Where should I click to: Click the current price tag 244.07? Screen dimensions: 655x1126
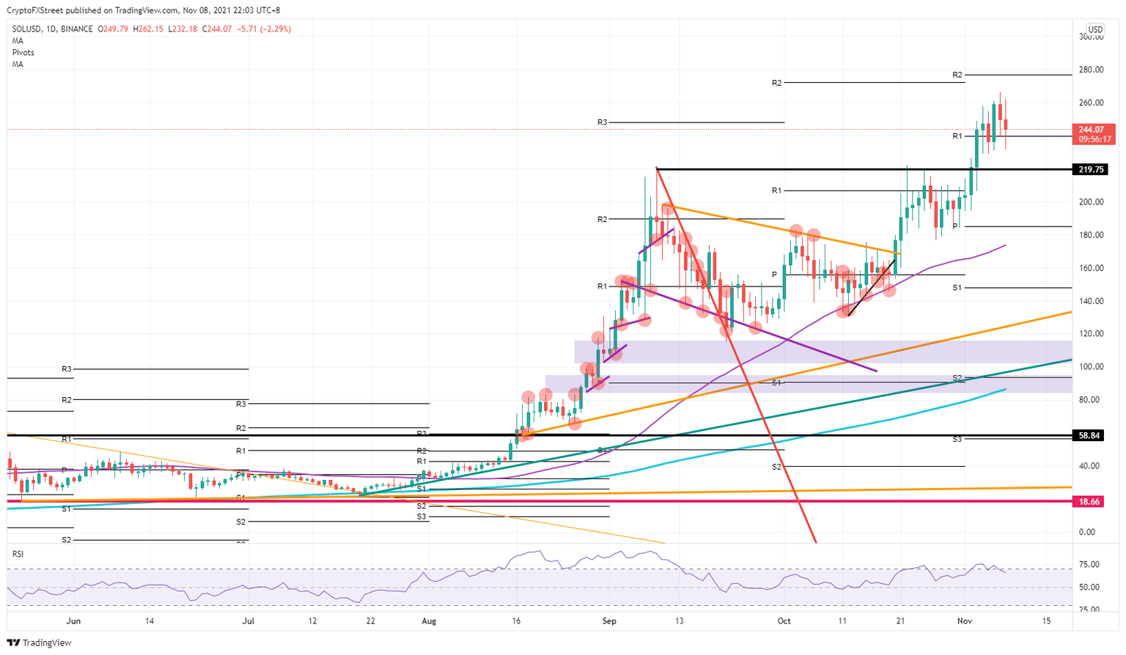click(1092, 130)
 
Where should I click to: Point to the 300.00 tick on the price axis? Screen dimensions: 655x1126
click(1092, 37)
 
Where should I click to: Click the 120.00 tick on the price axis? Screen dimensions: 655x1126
click(1092, 334)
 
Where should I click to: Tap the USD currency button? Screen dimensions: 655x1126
click(1094, 29)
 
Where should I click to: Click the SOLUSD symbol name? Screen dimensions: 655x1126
click(27, 29)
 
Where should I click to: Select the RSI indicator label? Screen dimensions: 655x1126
click(18, 554)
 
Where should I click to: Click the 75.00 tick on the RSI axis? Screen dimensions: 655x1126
click(1089, 565)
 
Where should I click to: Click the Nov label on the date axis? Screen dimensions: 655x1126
click(964, 621)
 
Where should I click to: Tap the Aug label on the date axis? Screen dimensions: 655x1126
click(429, 621)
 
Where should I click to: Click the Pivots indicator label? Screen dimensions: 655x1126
click(23, 53)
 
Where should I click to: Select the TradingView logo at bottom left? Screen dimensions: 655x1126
click(41, 643)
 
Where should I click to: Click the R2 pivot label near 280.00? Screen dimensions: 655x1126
click(957, 75)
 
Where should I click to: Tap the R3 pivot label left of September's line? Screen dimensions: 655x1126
click(602, 122)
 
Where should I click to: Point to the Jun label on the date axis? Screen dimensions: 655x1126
click(73, 621)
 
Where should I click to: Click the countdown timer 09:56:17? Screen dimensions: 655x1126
click(1094, 139)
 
